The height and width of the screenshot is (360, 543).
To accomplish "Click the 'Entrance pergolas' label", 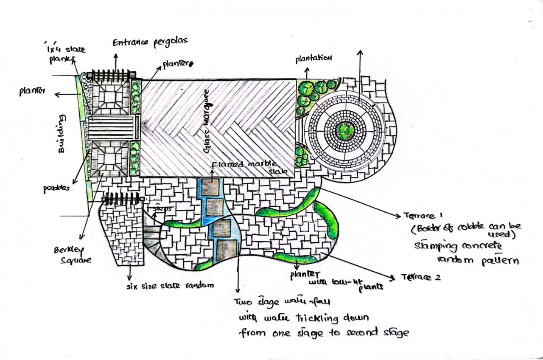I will click(x=150, y=42).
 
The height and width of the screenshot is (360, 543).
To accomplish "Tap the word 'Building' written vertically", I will click(x=62, y=133).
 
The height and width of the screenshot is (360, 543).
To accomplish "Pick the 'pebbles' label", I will click(x=56, y=188).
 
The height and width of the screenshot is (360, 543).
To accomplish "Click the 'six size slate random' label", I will click(x=170, y=286).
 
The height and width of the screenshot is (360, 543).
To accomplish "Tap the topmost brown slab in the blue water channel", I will click(x=211, y=187).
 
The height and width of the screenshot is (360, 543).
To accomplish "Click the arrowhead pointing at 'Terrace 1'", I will click(x=398, y=216).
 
